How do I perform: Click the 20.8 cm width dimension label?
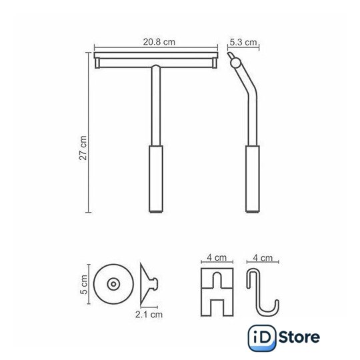click(x=159, y=42)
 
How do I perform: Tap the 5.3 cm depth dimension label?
click(x=243, y=42)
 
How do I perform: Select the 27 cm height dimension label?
click(x=83, y=147)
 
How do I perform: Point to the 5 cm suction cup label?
click(x=84, y=285)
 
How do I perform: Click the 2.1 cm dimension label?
click(x=149, y=314)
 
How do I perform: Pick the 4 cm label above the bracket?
click(x=217, y=257)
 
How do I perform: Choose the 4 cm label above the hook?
click(x=263, y=258)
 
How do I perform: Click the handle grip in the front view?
click(x=156, y=179)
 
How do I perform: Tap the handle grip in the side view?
click(x=253, y=179)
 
